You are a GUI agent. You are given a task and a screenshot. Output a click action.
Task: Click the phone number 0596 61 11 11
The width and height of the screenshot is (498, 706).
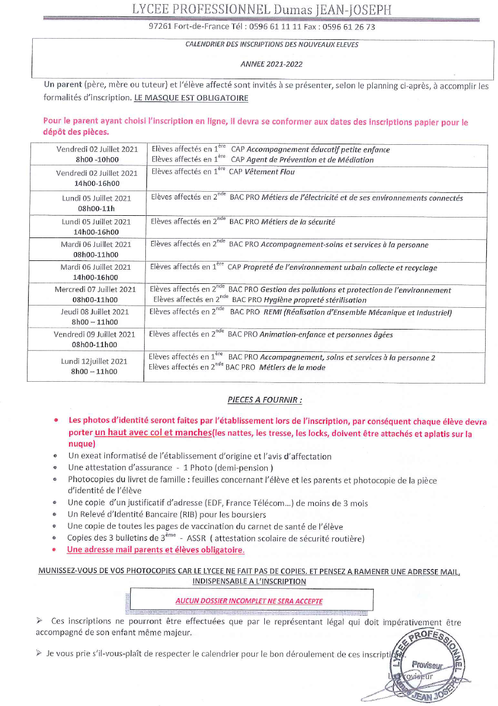(x=273, y=26)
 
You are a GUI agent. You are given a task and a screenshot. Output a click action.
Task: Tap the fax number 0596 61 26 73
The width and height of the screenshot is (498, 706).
(x=351, y=26)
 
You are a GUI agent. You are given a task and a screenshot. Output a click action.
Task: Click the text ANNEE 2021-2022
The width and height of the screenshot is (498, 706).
(x=271, y=64)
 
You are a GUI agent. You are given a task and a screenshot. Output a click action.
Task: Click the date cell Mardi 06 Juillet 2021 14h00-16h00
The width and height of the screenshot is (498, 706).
(x=96, y=272)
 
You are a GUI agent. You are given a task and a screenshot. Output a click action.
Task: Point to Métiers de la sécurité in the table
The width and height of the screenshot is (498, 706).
(x=298, y=222)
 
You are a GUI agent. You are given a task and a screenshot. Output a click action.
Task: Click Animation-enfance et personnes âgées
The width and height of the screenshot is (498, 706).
(x=326, y=335)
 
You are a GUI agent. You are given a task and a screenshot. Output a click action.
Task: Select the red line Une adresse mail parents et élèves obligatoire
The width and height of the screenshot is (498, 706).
(x=155, y=550)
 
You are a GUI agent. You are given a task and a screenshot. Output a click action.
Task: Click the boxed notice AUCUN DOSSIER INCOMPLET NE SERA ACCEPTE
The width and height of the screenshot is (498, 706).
(x=249, y=601)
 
